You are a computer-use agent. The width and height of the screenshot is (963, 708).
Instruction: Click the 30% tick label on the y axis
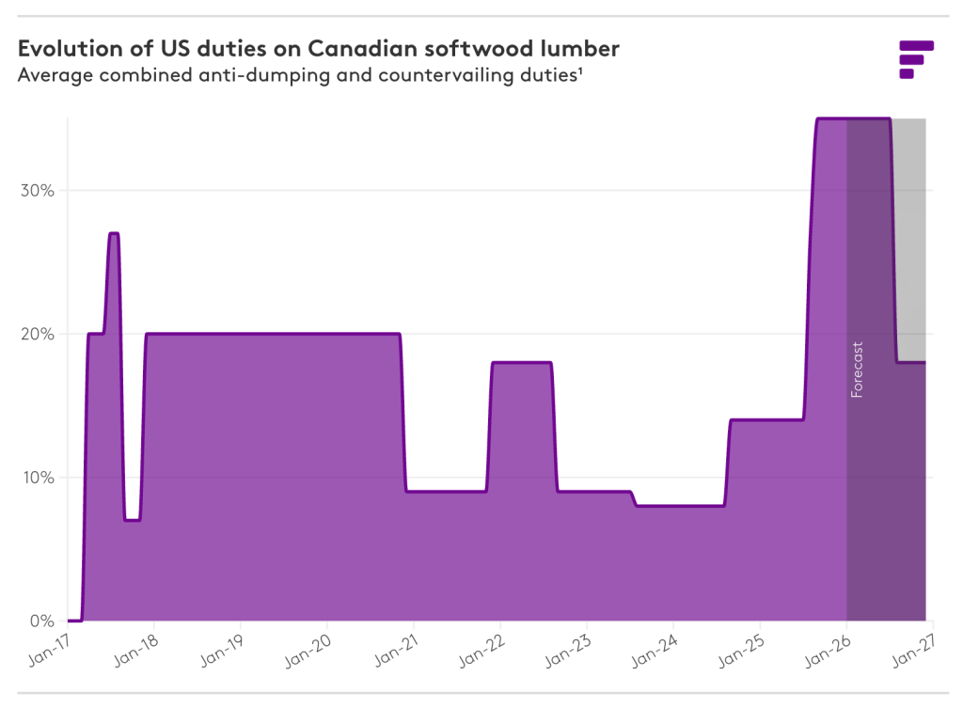point(37,191)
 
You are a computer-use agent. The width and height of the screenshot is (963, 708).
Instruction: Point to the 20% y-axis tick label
point(37,334)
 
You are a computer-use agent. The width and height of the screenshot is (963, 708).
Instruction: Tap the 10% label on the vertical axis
point(37,478)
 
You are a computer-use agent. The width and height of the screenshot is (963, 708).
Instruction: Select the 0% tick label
point(40,621)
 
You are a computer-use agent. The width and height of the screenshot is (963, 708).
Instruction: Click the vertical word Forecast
point(857,370)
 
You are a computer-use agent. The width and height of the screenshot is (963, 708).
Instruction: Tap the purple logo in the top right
point(915,58)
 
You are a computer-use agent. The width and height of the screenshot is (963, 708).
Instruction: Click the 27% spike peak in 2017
point(114,233)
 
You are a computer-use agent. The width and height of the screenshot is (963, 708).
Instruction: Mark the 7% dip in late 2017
point(133,519)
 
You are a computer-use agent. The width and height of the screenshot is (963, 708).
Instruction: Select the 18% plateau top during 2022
point(521,362)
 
